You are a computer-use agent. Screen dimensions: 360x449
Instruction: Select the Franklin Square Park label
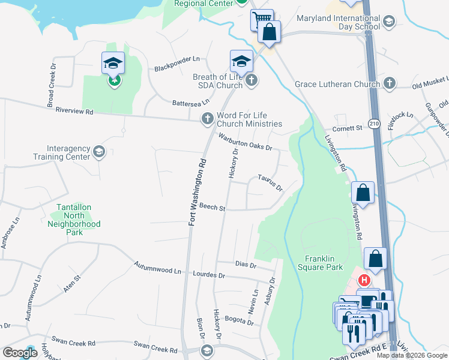tap(319, 263)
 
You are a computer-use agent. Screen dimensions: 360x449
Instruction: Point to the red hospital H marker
tap(363, 280)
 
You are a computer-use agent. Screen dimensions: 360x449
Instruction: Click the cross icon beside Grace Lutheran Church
tap(390, 83)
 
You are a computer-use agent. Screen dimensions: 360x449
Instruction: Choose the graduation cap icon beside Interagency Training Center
tap(99, 152)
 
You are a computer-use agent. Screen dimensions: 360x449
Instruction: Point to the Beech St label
tap(212, 208)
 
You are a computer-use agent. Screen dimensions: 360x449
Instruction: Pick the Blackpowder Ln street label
tap(176, 68)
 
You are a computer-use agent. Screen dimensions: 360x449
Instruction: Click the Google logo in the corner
tap(20, 353)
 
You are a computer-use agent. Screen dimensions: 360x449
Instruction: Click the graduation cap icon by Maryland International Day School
tap(388, 22)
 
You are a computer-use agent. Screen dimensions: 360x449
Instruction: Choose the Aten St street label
tap(71, 284)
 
